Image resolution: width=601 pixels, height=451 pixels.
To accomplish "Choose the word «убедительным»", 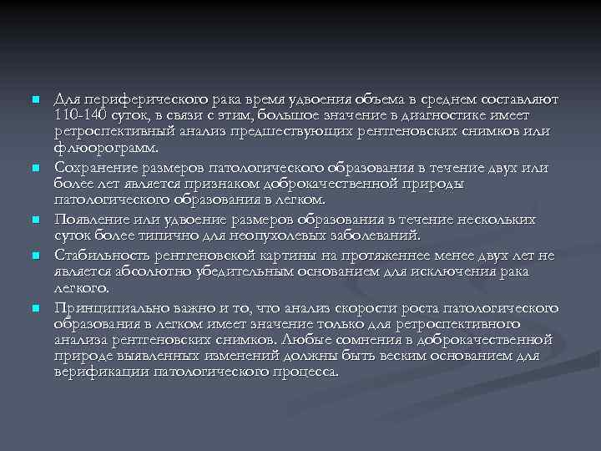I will [x=239, y=273].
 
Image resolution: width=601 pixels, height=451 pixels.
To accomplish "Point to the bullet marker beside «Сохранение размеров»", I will [x=35, y=168].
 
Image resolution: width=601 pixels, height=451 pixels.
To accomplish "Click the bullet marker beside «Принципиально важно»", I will [x=35, y=309].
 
